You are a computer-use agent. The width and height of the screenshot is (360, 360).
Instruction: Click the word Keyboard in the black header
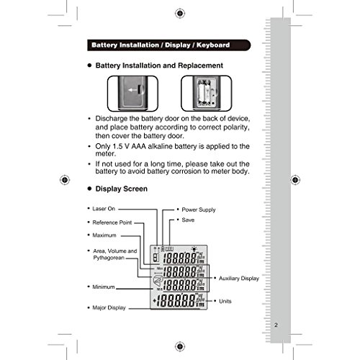pos(213,45)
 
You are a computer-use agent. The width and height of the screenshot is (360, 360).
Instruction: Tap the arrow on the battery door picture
pos(132,90)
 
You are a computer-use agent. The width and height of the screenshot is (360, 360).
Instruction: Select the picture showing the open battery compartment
pos(207,94)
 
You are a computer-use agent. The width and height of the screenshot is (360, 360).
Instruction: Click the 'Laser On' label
pos(104,209)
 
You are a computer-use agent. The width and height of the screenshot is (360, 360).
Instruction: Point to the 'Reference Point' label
pos(112,222)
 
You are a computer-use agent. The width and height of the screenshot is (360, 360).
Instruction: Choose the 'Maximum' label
pos(104,235)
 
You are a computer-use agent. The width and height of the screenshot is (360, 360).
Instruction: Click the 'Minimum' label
pos(104,287)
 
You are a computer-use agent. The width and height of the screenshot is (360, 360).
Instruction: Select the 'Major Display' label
pos(109,307)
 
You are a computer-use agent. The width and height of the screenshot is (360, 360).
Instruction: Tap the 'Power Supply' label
pos(199,210)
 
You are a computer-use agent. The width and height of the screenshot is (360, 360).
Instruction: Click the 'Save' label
pos(188,220)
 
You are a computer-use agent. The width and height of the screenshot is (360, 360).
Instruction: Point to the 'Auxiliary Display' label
pos(239,279)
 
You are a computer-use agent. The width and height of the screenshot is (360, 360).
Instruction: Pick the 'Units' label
pos(225,301)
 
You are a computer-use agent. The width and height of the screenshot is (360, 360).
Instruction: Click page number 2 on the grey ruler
pos(276,325)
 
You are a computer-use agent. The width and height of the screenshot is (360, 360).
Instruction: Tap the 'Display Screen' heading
pos(122,189)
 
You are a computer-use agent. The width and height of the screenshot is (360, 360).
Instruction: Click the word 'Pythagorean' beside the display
pos(109,258)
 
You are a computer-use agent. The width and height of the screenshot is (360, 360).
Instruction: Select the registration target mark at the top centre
pos(180,14)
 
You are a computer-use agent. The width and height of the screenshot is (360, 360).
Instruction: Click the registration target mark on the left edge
pos(65,180)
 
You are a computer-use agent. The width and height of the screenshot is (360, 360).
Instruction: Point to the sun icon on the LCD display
pos(194,248)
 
